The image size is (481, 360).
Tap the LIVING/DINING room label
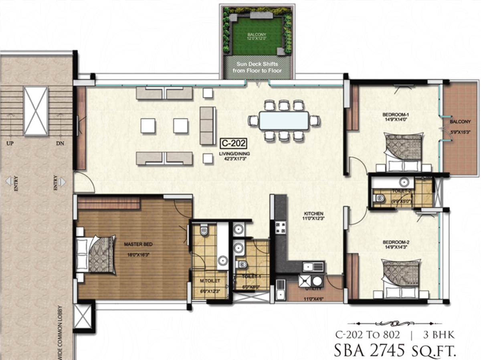(x=233, y=154)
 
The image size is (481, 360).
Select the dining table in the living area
(x=284, y=120)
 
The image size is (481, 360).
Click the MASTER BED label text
(x=138, y=244)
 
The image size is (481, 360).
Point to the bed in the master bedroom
(x=95, y=255)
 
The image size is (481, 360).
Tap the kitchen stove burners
(x=279, y=228)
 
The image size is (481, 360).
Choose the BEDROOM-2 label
(x=396, y=243)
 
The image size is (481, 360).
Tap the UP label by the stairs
(x=8, y=143)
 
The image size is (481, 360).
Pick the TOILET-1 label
(x=251, y=277)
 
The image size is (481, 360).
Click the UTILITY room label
(x=313, y=288)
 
